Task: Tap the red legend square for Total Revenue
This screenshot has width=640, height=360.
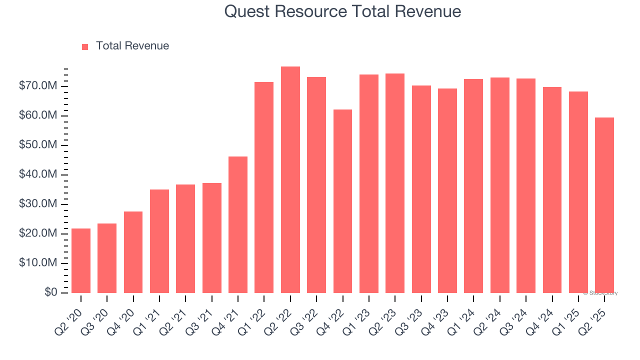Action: tap(85, 46)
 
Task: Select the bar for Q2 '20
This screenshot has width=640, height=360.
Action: tap(81, 260)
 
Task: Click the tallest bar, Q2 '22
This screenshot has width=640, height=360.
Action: tap(290, 179)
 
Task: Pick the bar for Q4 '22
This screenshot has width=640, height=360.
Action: tap(342, 201)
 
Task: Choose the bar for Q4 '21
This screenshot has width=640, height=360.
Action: tap(238, 224)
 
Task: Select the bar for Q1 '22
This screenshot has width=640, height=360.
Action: tap(264, 187)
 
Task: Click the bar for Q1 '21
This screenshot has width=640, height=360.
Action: tap(159, 241)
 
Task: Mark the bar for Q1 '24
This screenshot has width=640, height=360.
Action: tap(473, 186)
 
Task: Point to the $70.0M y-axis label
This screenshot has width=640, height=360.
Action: tap(38, 86)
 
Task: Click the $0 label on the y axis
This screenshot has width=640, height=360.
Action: tap(51, 292)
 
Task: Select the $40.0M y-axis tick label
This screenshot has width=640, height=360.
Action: tap(38, 174)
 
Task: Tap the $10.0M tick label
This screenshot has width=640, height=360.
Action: tap(38, 263)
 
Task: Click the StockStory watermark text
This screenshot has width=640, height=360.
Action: tap(600, 293)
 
